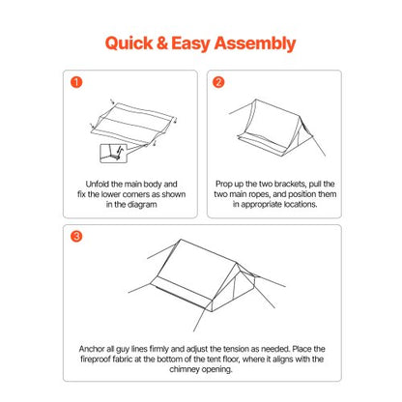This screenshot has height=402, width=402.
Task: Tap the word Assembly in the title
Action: pyautogui.click(x=253, y=43)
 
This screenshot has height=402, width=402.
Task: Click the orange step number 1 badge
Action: pyautogui.click(x=76, y=81)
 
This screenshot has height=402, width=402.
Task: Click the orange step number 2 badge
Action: pyautogui.click(x=219, y=81)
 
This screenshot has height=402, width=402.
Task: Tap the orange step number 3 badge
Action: pyautogui.click(x=76, y=236)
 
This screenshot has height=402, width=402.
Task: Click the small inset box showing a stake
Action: pyautogui.click(x=114, y=153)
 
